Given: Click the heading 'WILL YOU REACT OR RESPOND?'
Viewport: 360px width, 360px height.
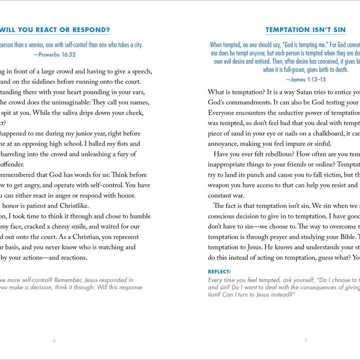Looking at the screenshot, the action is point(55,30).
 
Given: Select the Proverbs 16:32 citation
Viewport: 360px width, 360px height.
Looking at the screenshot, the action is point(54,54).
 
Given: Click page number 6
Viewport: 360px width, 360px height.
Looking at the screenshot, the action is point(54,341).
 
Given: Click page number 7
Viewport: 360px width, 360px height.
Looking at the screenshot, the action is point(305,341).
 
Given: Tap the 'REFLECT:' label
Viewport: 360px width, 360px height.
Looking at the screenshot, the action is point(219,271).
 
